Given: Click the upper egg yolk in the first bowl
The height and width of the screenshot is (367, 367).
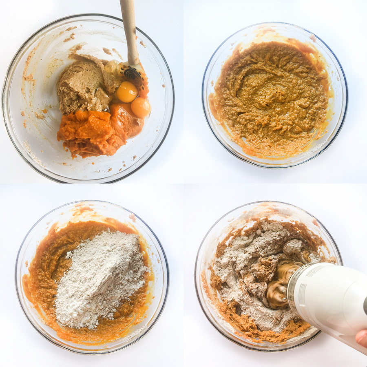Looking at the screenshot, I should tap(126, 92).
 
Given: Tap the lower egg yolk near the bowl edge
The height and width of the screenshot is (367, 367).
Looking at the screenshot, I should tap(141, 108).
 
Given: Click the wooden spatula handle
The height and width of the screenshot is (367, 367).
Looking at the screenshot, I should tap(130, 29).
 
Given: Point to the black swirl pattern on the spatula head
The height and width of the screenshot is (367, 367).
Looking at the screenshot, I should tap(131, 74).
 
